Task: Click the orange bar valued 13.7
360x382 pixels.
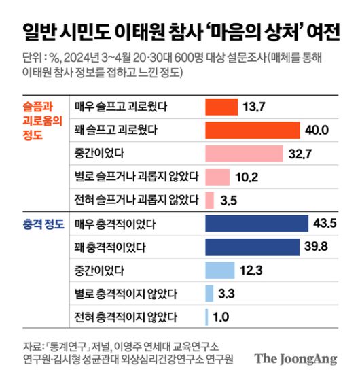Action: (221, 107)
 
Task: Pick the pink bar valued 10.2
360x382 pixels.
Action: (217, 177)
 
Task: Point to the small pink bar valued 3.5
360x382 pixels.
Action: (209, 200)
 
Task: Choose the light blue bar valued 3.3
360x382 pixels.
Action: (209, 294)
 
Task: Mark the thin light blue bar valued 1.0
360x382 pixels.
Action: (206, 317)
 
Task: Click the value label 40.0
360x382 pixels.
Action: (317, 130)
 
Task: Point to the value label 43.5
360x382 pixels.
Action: (325, 224)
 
